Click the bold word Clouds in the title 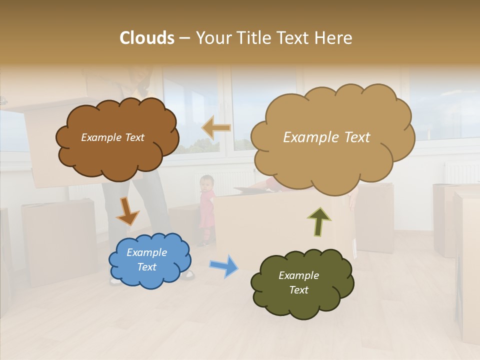(x=147, y=38)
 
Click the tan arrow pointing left (x=216, y=127)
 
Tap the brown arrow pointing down (x=127, y=211)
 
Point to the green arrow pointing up (x=319, y=221)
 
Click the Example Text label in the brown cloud (x=112, y=137)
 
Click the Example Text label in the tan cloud (x=326, y=137)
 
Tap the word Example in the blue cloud (x=146, y=252)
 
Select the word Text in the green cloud (x=298, y=290)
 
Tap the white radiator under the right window (x=461, y=172)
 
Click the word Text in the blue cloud (x=146, y=267)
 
